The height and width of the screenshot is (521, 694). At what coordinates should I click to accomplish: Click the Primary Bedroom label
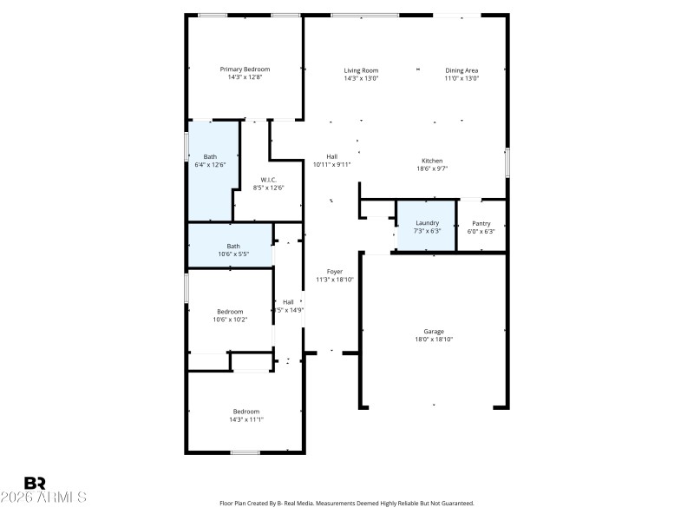(x=245, y=69)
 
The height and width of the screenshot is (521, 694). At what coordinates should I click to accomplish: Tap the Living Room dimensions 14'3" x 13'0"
(x=361, y=78)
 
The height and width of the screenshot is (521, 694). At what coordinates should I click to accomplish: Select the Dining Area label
(x=462, y=70)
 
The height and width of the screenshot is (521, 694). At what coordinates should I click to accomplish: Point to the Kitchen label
(x=432, y=161)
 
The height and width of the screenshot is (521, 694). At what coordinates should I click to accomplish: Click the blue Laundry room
(x=426, y=227)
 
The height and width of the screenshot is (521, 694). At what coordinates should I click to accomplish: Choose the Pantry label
(x=481, y=223)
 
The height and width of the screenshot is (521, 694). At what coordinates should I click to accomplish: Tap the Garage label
(x=434, y=332)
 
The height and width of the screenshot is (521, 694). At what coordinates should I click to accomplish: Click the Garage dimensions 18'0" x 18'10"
(x=434, y=340)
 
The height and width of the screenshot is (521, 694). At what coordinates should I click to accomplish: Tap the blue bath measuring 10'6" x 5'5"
(x=233, y=249)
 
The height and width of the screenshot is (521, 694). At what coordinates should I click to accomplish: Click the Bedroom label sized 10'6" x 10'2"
(x=230, y=312)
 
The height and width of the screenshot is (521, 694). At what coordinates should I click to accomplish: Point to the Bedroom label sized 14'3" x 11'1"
(x=246, y=412)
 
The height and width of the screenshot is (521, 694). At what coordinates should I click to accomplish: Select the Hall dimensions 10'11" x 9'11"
(x=331, y=164)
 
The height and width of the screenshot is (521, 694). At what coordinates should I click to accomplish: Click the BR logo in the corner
(x=35, y=482)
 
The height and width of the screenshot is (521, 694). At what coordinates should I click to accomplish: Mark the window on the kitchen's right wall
(x=507, y=162)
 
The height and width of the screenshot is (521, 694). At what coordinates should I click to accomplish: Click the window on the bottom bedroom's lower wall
(x=245, y=452)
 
